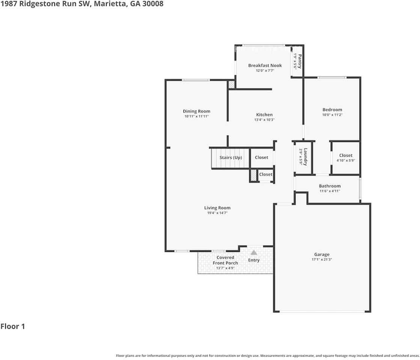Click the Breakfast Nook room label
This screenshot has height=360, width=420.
click(265, 65)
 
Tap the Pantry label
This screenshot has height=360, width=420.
click(300, 61)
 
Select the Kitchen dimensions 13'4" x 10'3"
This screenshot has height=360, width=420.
click(264, 120)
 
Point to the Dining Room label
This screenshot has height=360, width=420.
click(197, 111)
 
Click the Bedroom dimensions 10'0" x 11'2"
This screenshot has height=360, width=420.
click(333, 114)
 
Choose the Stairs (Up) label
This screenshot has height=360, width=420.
click(230, 157)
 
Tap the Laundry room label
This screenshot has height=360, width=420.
click(306, 157)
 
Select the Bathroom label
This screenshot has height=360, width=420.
click(330, 186)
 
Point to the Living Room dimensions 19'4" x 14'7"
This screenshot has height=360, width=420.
click(217, 213)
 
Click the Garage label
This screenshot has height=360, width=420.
click(322, 254)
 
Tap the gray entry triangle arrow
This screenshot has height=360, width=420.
click(254, 252)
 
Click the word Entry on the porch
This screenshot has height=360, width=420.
click(254, 260)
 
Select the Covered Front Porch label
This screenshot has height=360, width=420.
click(225, 260)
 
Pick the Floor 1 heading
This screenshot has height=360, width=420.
click(13, 326)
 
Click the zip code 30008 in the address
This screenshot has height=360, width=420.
click(153, 4)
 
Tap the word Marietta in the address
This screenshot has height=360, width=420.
click(110, 4)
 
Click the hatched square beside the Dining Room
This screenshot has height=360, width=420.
click(232, 85)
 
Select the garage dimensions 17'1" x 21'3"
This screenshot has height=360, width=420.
click(322, 259)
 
